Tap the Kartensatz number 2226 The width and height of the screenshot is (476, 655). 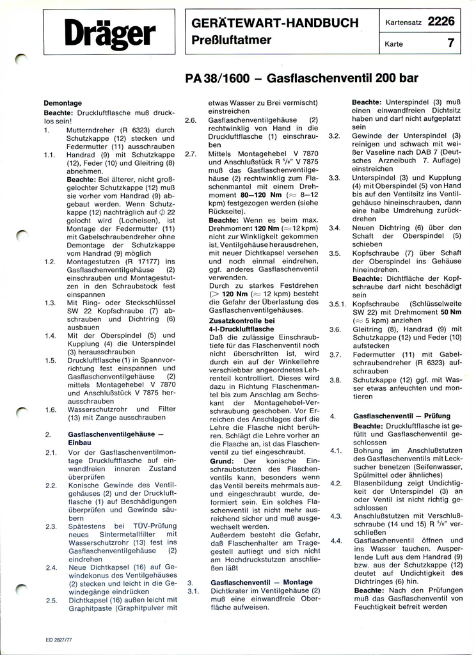441,21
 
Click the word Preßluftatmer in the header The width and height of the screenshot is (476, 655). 232,40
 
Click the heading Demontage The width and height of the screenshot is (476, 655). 63,103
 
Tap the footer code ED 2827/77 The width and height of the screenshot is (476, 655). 59,638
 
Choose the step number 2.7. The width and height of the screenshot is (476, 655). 191,154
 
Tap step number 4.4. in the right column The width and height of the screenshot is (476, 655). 335,541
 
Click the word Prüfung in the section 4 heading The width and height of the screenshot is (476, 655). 435,416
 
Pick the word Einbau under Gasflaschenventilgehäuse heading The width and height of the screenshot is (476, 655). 79,442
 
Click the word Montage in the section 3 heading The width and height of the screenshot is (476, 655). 296,583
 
